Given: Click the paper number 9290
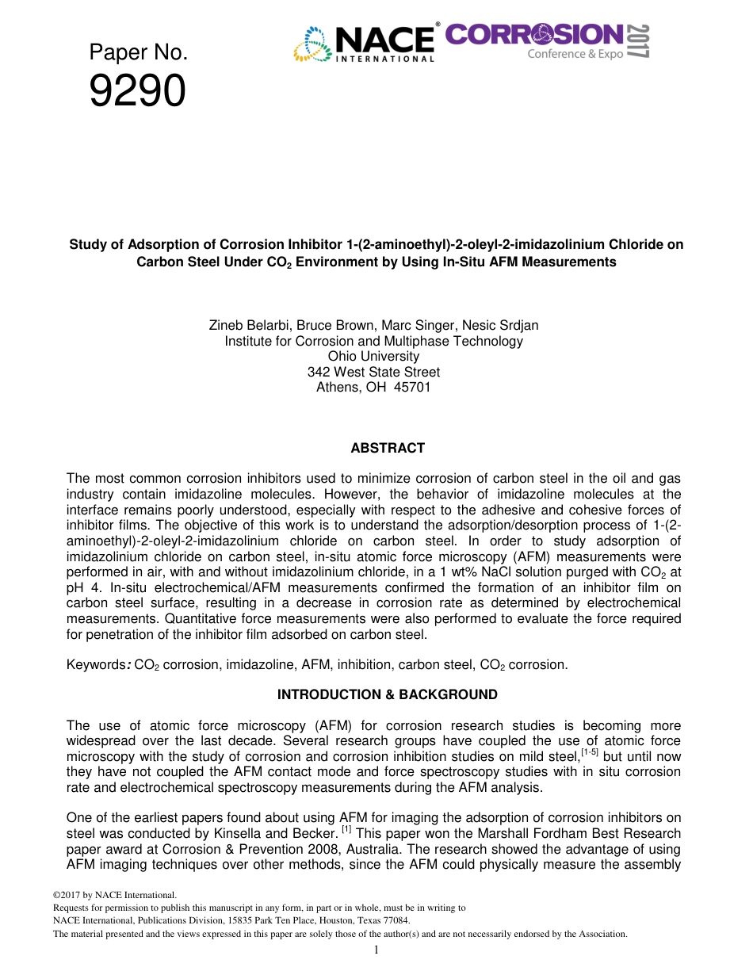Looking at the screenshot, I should coord(137,91).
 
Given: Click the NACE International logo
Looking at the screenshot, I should coord(365,43).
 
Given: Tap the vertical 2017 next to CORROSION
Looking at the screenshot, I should coord(640,41).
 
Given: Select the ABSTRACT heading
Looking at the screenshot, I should coord(388,449).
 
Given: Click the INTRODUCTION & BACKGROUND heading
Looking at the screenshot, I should coord(388,695).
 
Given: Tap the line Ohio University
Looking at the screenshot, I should coord(373,357).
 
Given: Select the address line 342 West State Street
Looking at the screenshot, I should coord(373,373).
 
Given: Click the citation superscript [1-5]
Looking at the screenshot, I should coord(590,752).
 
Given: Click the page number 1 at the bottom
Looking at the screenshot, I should coord(376,950).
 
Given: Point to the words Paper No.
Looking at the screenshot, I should coord(138,53).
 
